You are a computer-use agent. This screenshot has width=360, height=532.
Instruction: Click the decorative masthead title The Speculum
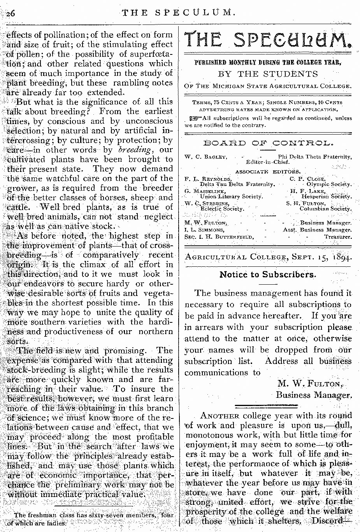[268, 40]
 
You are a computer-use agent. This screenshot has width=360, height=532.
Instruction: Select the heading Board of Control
[268, 143]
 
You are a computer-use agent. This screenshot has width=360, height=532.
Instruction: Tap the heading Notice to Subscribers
[268, 275]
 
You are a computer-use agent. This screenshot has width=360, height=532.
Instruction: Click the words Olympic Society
[329, 184]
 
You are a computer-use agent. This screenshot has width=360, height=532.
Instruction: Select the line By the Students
[268, 74]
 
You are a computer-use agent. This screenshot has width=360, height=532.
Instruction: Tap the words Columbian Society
[325, 209]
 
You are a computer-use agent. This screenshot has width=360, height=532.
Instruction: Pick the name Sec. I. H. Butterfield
[219, 236]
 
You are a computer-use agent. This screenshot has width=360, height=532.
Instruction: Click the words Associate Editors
[268, 171]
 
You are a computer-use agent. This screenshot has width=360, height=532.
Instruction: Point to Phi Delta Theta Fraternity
[314, 157]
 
